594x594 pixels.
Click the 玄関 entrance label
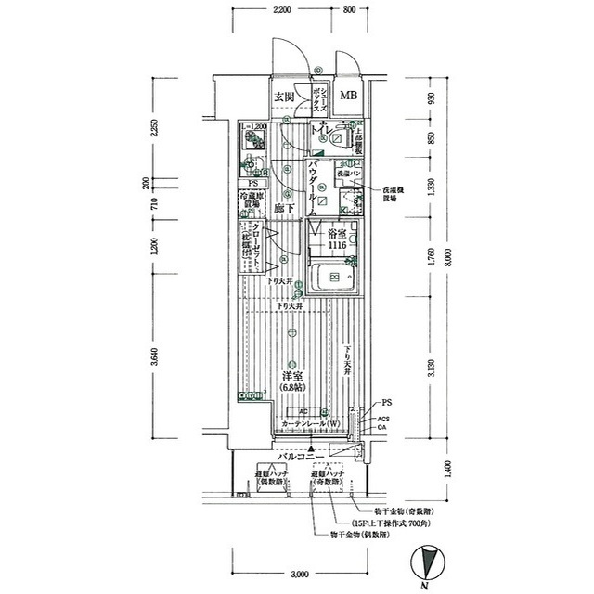coord(284,97)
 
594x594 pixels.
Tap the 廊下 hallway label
coord(284,209)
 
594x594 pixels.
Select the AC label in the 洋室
coord(303,412)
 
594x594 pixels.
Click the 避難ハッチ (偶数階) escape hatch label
coord(272,479)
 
